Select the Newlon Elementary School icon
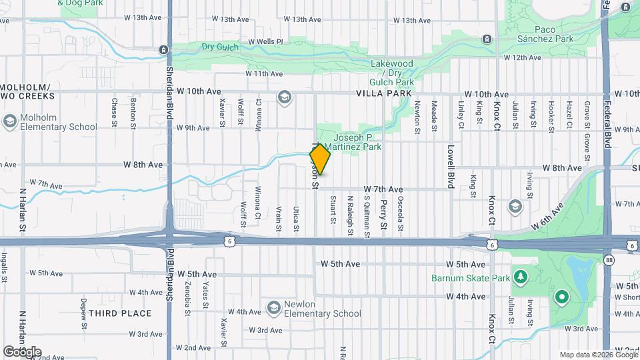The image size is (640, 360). (273, 308)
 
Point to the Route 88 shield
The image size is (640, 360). (609, 259)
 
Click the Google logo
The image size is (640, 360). (22, 352)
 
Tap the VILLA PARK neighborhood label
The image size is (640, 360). (383, 94)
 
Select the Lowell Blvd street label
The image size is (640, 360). (451, 167)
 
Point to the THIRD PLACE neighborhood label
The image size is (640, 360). (120, 313)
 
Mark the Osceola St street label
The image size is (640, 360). (400, 213)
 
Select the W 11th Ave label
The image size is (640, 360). (265, 73)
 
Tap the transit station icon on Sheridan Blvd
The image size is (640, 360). (163, 49)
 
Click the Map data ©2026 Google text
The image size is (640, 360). (597, 355)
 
